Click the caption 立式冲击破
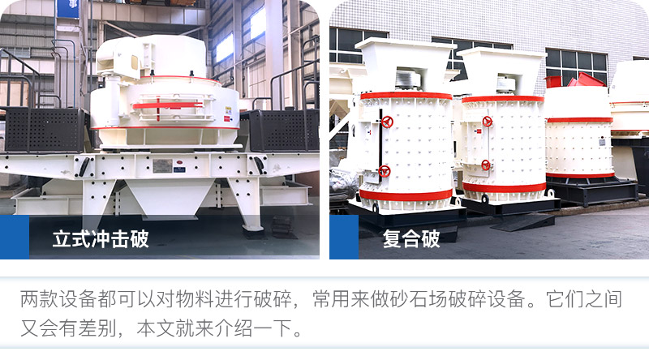[x=101, y=239]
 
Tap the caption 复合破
[x=411, y=239]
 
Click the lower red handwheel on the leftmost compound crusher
[x=385, y=171]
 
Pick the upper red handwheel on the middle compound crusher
[x=487, y=122]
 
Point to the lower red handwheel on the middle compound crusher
[x=485, y=165]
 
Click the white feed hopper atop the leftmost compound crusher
[x=403, y=61]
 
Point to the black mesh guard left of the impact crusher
[x=45, y=130]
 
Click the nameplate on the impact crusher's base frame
[x=162, y=165]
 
